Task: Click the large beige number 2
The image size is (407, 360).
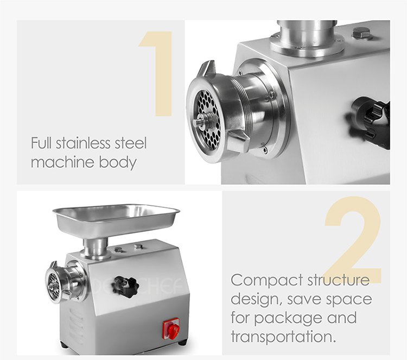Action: point(353,240)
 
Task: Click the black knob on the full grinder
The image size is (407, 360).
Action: point(126,287)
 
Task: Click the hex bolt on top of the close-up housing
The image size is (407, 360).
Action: point(361,33)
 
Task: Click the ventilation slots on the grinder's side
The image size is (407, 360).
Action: point(76,325)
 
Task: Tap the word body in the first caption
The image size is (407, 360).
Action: point(118,162)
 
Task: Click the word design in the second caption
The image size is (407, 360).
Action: point(256,300)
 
